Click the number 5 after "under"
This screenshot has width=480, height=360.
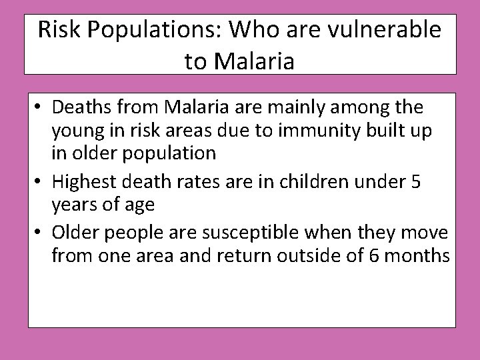tap(416, 181)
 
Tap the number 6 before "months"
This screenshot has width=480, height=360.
tap(371, 255)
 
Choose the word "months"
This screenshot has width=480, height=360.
tap(416, 255)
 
